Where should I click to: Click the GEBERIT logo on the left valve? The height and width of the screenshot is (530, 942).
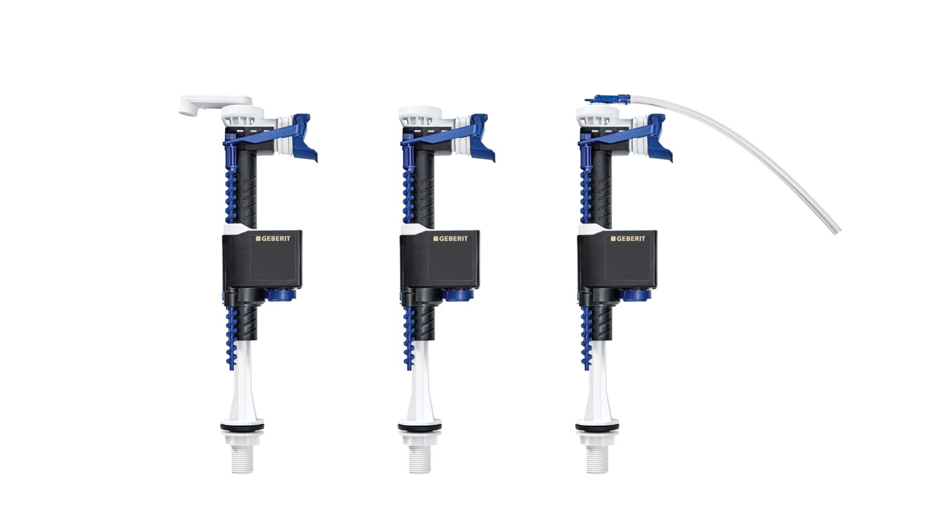[x=273, y=238]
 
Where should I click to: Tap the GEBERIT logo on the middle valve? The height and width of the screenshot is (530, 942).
[x=450, y=238]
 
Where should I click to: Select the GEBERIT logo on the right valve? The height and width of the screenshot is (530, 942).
[x=628, y=238]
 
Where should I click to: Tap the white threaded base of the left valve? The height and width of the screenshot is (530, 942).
[x=242, y=458]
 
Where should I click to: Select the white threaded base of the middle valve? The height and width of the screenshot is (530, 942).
[x=419, y=458]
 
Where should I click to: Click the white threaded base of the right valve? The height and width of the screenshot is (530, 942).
[x=596, y=458]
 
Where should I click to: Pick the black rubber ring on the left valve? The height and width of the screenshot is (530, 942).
[x=242, y=426]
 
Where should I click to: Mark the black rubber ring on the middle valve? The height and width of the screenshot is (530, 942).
[x=419, y=426]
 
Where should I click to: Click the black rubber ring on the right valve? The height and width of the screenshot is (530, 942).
[x=596, y=426]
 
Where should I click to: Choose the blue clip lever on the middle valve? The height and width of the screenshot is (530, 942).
[x=482, y=135]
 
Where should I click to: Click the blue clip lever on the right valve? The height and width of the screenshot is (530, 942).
[x=659, y=135]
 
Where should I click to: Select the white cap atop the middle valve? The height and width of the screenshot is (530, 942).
[x=419, y=112]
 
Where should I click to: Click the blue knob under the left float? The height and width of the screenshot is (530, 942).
[x=280, y=294]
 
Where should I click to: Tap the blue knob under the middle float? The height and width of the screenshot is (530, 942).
[x=457, y=294]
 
